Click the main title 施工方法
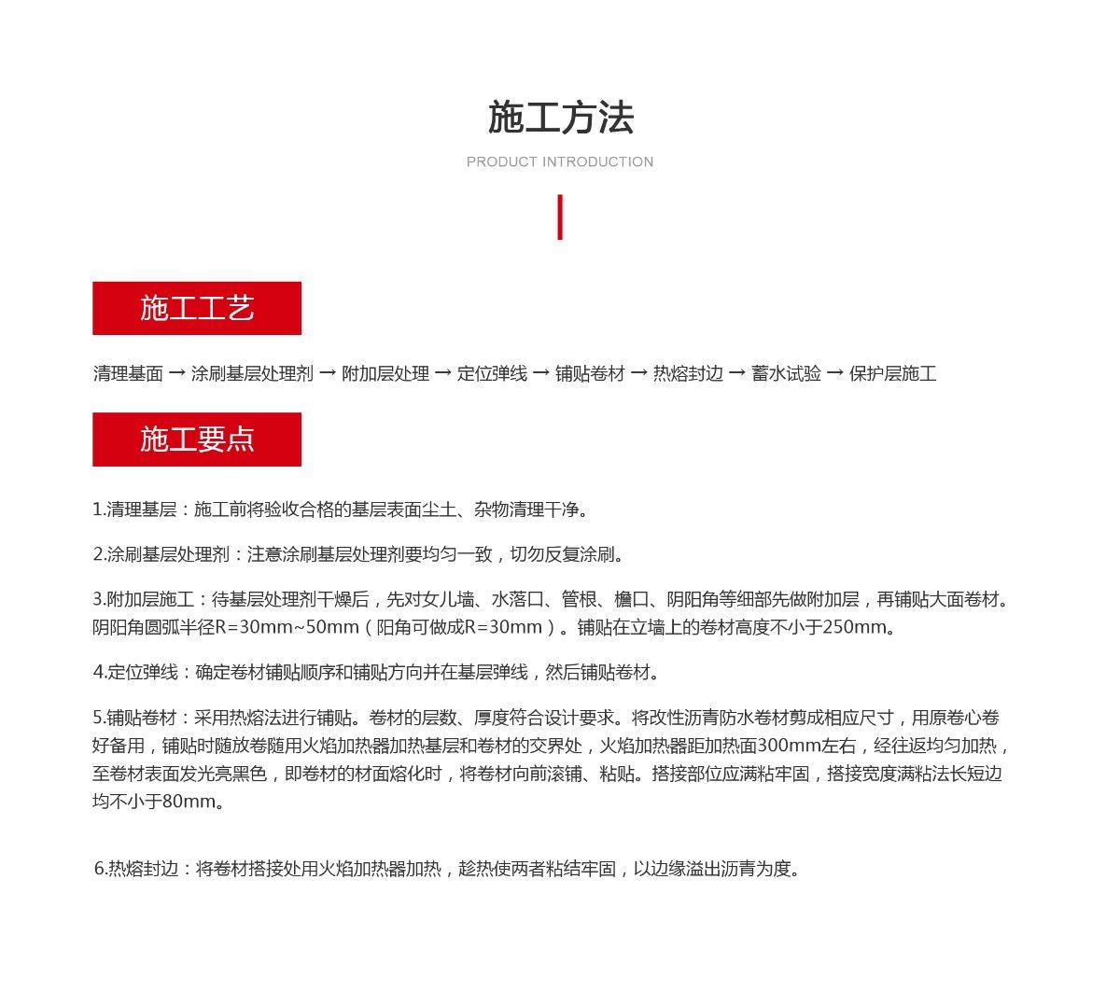560,119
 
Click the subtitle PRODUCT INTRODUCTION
560,162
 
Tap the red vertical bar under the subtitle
560,217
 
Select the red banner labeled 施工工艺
197,308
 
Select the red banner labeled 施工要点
197,440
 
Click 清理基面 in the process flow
128,374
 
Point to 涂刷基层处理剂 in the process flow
252,374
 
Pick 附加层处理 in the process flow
385,374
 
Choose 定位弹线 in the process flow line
492,374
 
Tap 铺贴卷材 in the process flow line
590,374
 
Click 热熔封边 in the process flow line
688,374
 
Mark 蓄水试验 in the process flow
786,374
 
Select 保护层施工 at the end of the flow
892,374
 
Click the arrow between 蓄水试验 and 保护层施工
834,374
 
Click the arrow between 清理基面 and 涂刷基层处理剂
176,374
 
